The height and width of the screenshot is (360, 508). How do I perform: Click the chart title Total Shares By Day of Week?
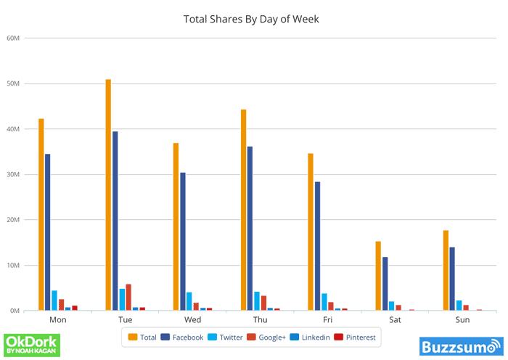click(251, 18)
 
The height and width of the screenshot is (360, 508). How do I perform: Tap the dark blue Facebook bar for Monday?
click(48, 232)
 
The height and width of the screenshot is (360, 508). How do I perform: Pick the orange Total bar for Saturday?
click(378, 276)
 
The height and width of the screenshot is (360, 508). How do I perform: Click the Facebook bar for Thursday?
click(250, 229)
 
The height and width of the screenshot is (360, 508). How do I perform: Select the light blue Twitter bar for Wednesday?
click(189, 301)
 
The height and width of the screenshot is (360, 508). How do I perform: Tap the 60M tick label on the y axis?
click(13, 38)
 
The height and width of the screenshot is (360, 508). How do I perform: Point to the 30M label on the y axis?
click(13, 175)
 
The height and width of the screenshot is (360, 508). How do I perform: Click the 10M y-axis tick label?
click(13, 266)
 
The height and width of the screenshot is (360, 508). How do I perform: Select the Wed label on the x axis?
click(193, 320)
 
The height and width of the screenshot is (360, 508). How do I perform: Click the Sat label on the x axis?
click(395, 320)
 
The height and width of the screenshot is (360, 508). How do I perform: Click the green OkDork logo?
click(32, 345)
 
